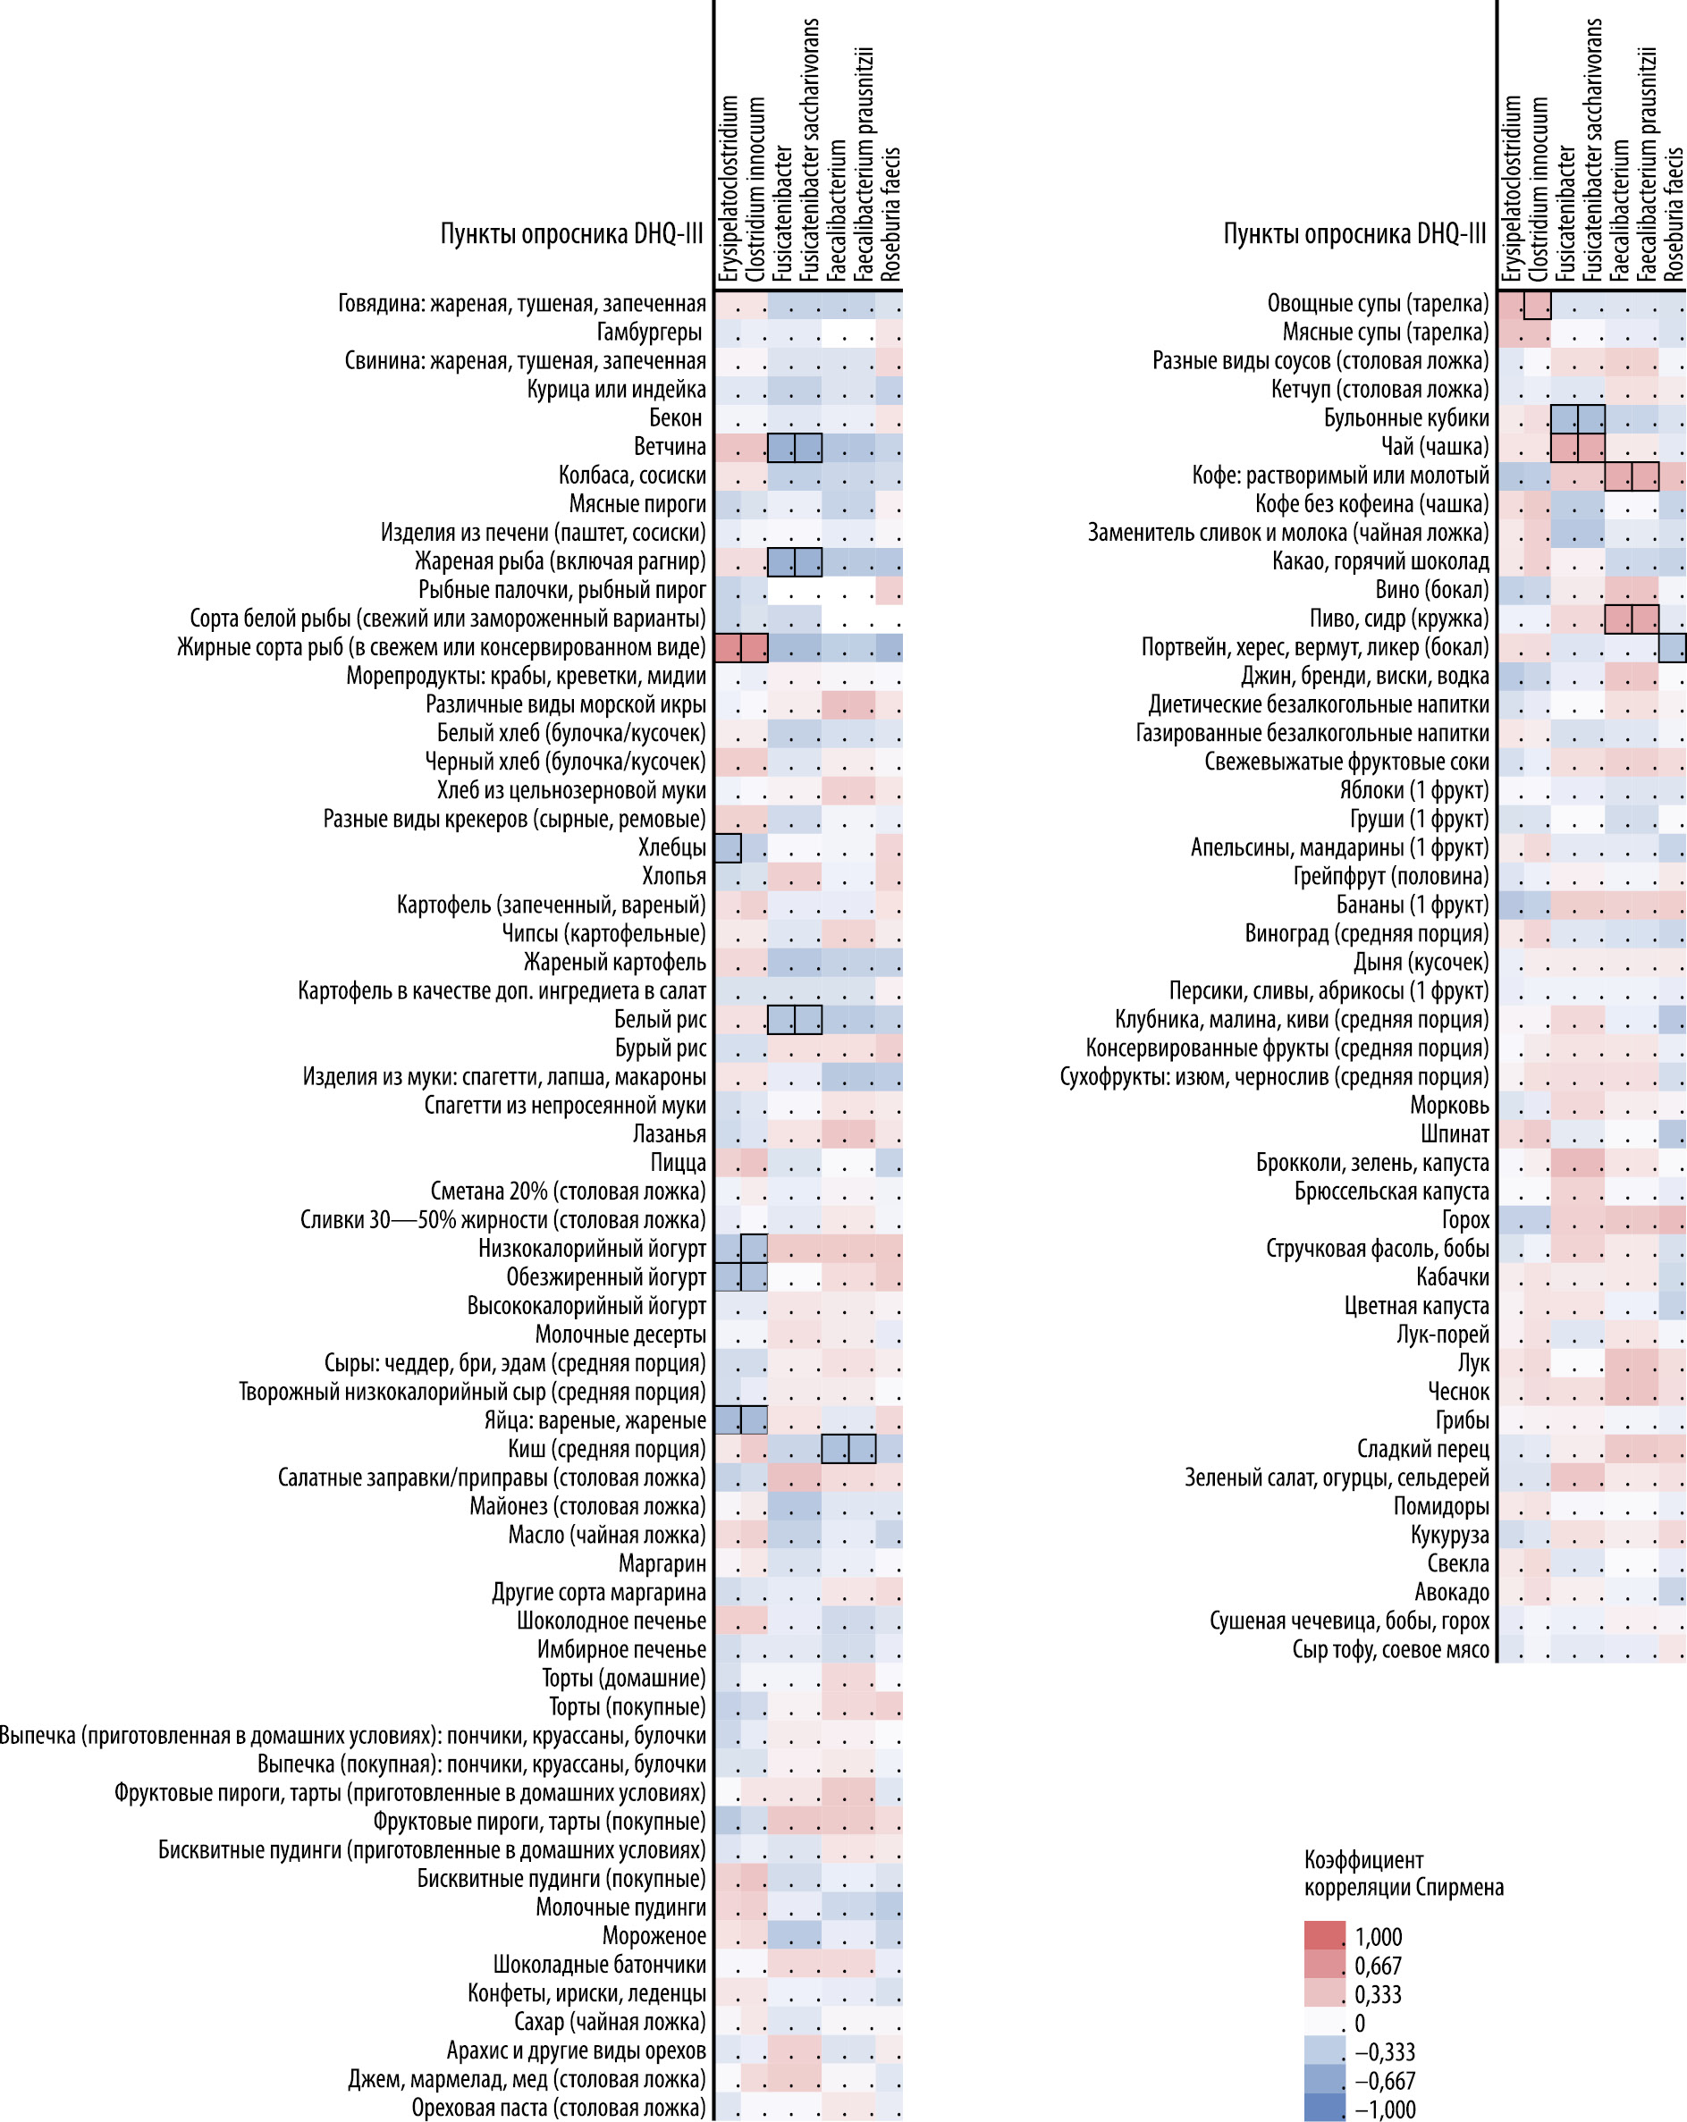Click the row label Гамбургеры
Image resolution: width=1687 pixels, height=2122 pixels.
click(x=650, y=333)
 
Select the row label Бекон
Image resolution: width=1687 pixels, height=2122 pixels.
click(x=675, y=418)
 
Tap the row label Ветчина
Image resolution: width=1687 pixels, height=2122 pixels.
click(x=670, y=447)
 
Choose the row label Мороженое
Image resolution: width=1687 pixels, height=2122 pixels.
click(x=654, y=1935)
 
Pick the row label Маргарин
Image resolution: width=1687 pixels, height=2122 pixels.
click(x=662, y=1563)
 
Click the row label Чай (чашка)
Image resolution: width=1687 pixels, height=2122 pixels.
click(x=1435, y=447)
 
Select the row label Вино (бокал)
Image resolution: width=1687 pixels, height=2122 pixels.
click(x=1432, y=590)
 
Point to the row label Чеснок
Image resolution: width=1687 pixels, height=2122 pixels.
click(x=1459, y=1392)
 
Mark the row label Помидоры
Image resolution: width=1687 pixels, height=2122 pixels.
click(x=1441, y=1506)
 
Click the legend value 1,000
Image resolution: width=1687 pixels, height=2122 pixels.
click(x=1378, y=1937)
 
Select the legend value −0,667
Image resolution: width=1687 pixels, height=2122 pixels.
click(x=1385, y=2081)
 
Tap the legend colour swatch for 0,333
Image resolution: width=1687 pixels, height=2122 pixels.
click(x=1325, y=1994)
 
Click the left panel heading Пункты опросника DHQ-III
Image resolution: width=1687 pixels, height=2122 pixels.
click(x=572, y=233)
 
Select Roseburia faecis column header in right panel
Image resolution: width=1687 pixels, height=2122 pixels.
click(x=1674, y=215)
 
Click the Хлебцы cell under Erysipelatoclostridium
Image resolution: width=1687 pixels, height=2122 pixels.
click(x=728, y=847)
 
